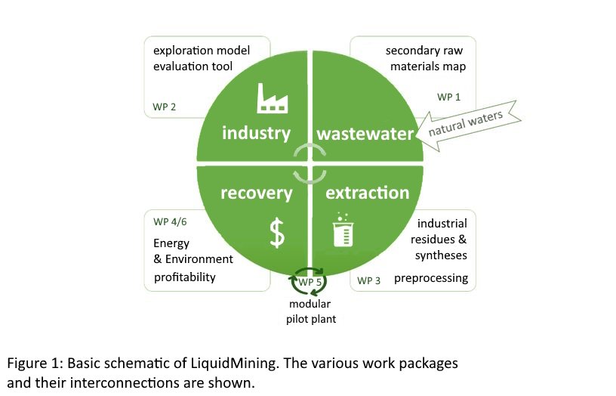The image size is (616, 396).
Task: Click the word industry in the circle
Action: pos(256,134)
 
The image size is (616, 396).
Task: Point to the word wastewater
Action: pos(366,134)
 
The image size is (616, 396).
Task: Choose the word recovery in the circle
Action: pos(256,193)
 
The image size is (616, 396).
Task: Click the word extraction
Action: pos(367,193)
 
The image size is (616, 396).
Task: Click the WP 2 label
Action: pos(164,107)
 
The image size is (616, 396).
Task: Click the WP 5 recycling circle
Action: pos(309,283)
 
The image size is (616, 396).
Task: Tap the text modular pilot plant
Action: pos(310,311)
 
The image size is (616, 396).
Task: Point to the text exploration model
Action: pos(201,51)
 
